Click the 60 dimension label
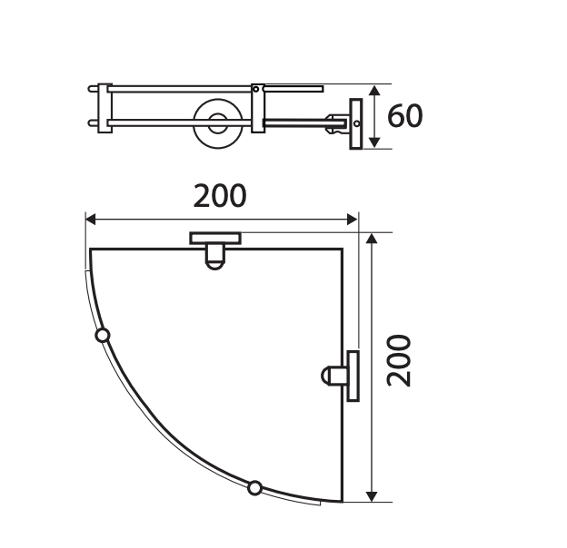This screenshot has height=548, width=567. [404, 116]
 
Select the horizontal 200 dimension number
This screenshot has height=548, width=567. [220, 196]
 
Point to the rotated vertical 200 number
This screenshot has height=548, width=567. [399, 360]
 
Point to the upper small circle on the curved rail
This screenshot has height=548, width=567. [103, 336]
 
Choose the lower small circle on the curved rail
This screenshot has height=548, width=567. [255, 488]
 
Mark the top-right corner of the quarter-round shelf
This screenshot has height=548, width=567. [343, 249]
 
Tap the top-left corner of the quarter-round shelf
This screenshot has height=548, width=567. [91, 249]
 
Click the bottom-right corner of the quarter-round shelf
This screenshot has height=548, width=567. [343, 501]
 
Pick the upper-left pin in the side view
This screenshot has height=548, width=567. [93, 89]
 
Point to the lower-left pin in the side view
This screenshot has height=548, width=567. [93, 122]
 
